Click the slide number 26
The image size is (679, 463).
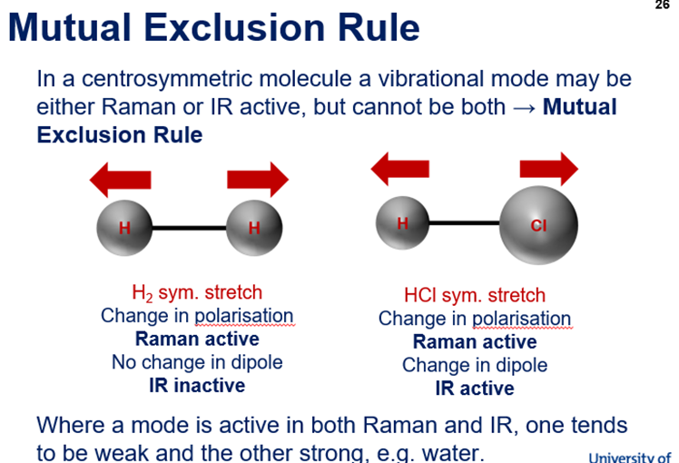tap(662, 5)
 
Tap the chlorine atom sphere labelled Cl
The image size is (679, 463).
tap(538, 225)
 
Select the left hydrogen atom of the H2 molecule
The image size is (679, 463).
tap(124, 226)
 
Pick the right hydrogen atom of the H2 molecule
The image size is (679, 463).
tap(253, 226)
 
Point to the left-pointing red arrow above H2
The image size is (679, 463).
tap(120, 179)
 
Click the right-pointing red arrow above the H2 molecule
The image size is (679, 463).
tap(258, 179)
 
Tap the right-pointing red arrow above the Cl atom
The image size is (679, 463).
tap(548, 169)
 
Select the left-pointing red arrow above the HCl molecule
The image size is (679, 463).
tap(400, 169)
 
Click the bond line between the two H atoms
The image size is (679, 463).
tap(189, 227)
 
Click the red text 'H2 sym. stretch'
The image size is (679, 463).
tap(197, 292)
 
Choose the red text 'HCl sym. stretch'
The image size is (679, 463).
tap(475, 295)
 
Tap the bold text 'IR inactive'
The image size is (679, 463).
tap(197, 386)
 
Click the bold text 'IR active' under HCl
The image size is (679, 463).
tap(475, 389)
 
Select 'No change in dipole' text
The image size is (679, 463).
tap(197, 362)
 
